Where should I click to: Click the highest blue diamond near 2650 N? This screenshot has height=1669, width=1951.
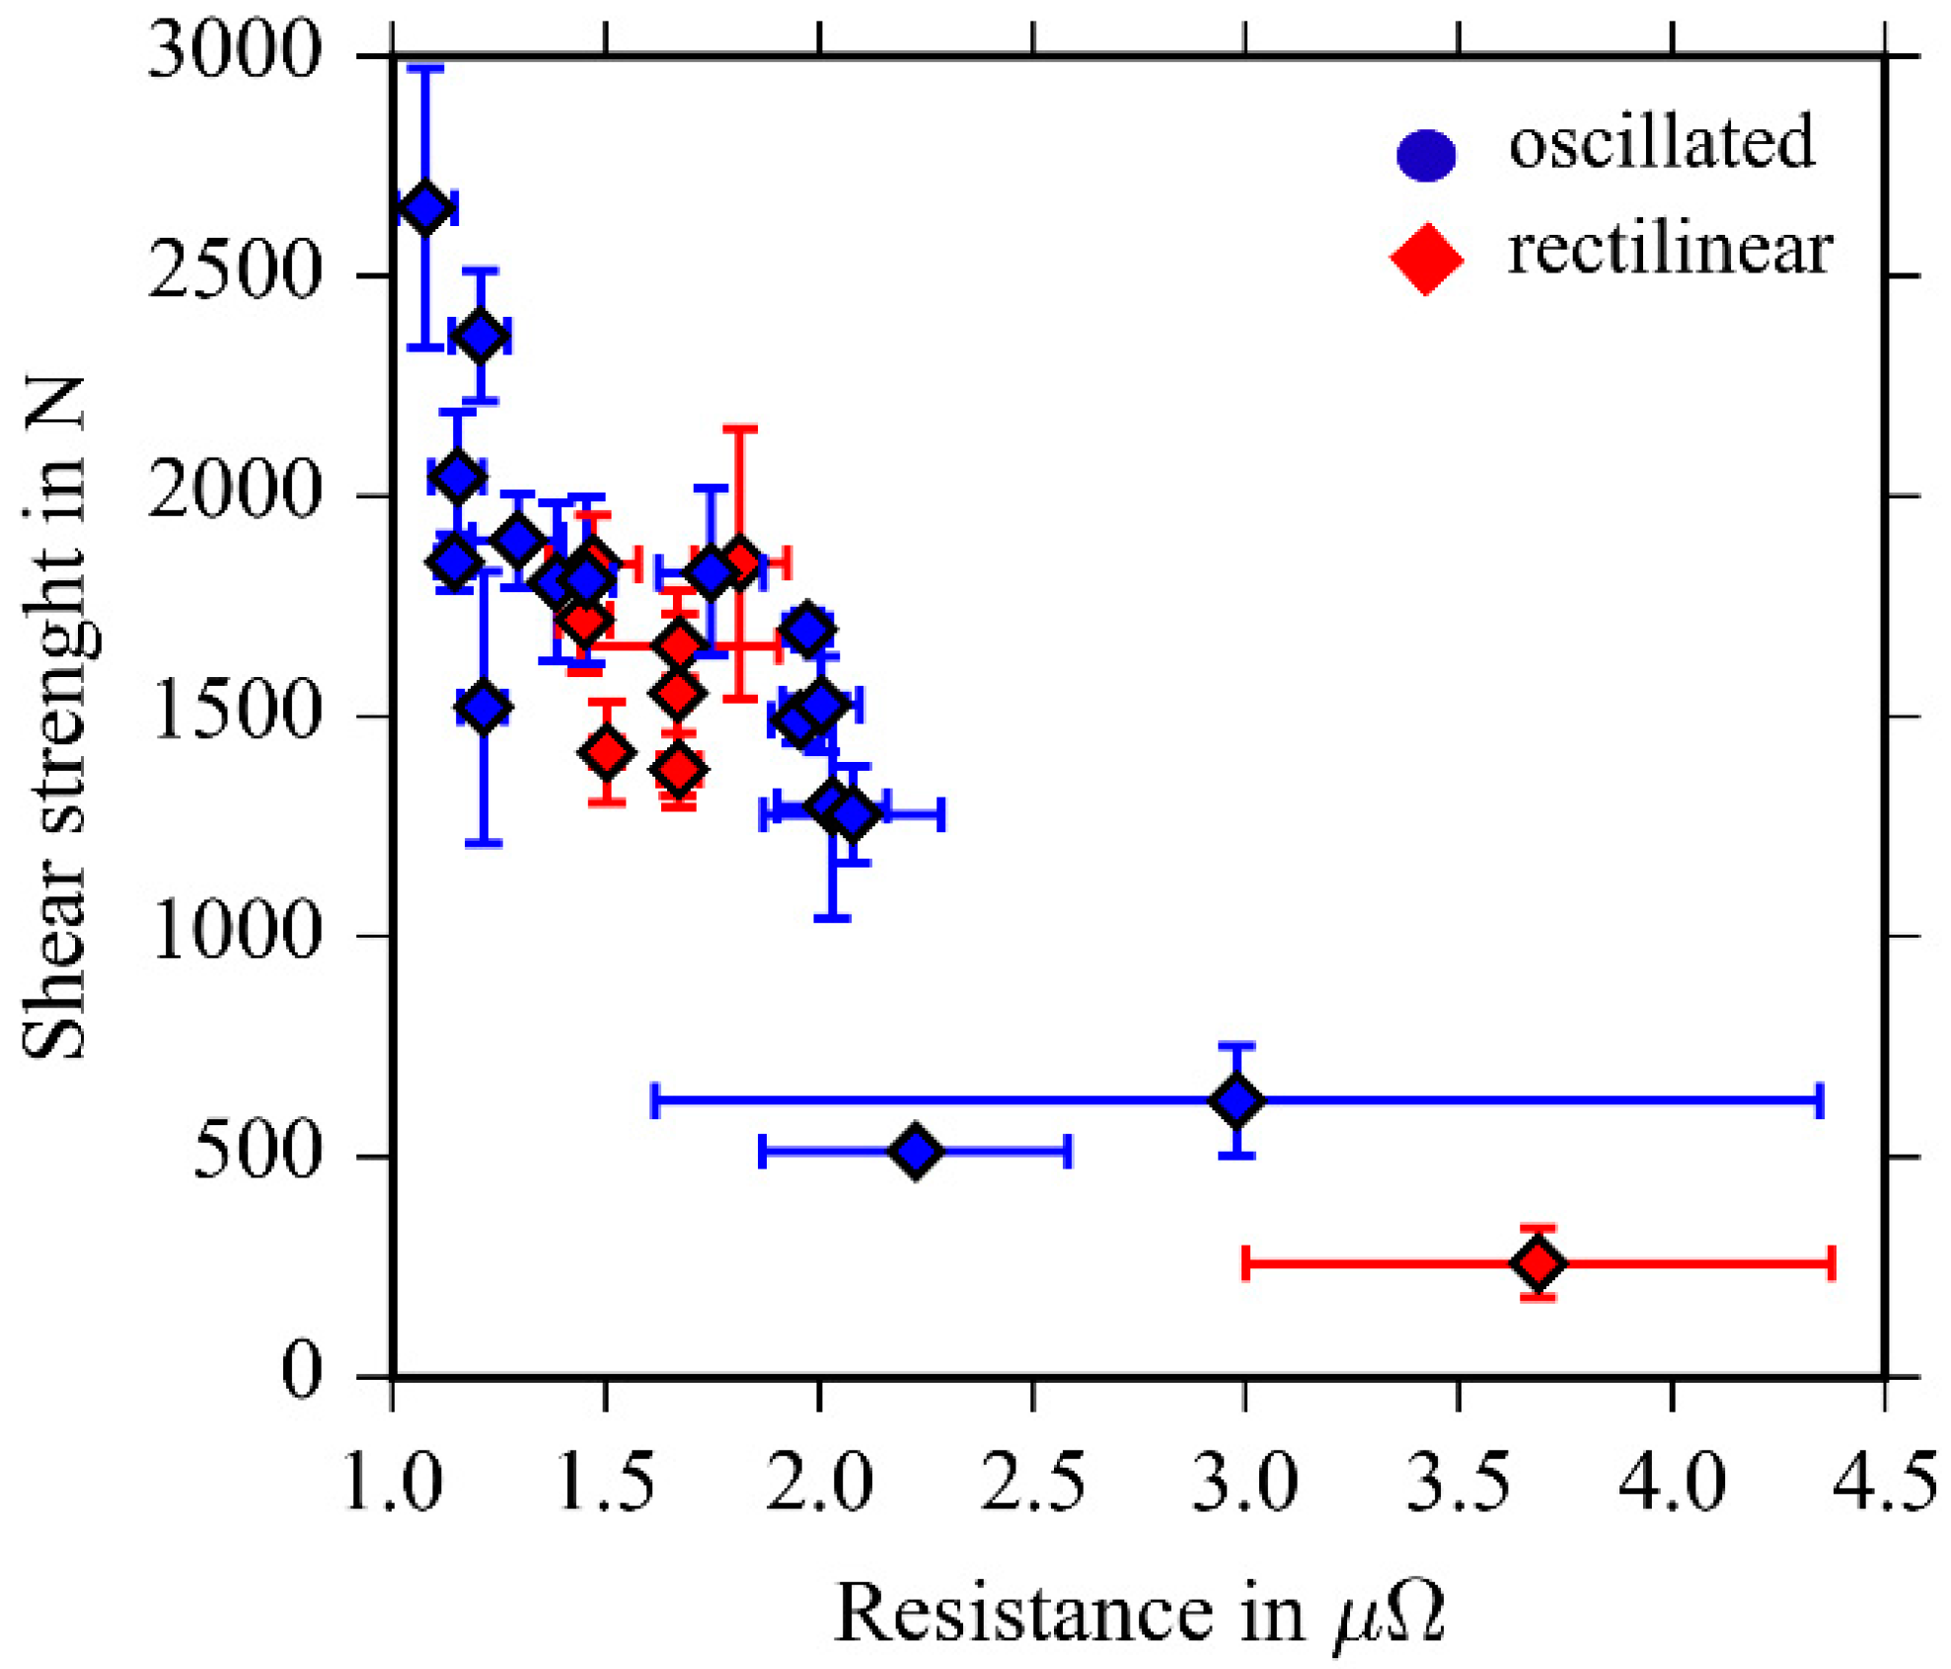click(425, 207)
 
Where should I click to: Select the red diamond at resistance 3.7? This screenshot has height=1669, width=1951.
click(1538, 1262)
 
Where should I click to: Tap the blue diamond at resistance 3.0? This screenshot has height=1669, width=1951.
click(1237, 1100)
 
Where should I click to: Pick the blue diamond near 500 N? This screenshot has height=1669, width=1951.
click(916, 1151)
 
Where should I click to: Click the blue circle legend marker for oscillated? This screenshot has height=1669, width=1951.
click(1426, 155)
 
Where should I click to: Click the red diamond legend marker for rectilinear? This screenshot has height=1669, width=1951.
click(1426, 259)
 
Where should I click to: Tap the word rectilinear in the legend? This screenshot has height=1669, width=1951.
click(1669, 250)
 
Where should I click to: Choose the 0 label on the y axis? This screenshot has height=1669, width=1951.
click(301, 1371)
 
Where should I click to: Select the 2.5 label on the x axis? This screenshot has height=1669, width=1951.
click(1031, 1482)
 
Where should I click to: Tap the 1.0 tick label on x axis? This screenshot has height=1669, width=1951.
click(393, 1482)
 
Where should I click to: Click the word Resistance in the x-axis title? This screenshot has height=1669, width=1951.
click(1022, 1613)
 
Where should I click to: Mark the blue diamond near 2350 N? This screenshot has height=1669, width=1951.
click(481, 336)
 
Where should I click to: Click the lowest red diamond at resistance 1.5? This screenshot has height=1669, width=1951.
click(606, 752)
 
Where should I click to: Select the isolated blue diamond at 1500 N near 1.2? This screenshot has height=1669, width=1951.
click(483, 707)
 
